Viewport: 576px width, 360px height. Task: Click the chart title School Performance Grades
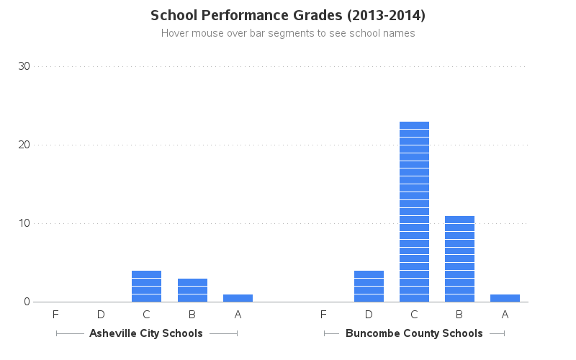pos(288,15)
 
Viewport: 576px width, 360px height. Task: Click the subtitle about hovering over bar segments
pos(288,33)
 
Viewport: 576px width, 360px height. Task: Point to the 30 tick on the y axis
pos(24,66)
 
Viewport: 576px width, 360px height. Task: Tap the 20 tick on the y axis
pos(24,145)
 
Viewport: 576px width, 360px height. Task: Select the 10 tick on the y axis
pos(24,223)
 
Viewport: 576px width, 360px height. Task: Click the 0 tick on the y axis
pos(27,302)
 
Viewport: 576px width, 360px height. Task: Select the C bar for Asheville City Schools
pos(146,286)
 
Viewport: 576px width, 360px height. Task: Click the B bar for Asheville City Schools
pos(192,290)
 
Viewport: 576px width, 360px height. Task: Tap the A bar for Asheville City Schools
pos(238,298)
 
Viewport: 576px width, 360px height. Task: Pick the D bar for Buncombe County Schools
pos(369,286)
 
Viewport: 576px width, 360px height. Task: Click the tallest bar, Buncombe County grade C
pos(414,212)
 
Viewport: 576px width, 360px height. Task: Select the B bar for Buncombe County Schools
pos(459,258)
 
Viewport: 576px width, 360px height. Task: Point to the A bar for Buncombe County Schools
pos(505,298)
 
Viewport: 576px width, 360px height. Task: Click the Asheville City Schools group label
pos(146,333)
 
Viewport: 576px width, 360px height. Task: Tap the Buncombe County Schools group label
pos(414,333)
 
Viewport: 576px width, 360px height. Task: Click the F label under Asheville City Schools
pos(55,315)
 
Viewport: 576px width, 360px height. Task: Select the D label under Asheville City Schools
pos(101,315)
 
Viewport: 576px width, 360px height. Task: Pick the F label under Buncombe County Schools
pos(323,315)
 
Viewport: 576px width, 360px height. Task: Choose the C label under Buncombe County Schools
pos(414,315)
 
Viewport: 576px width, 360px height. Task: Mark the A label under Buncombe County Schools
pos(505,315)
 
